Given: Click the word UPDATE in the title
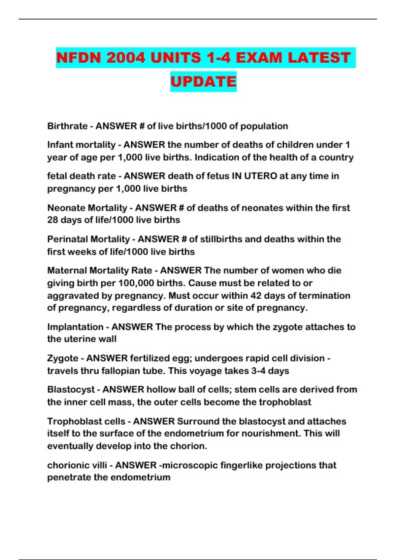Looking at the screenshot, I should click(x=203, y=81).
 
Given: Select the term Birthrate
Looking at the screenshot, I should click(x=67, y=126).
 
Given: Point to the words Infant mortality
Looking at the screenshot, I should click(x=81, y=145).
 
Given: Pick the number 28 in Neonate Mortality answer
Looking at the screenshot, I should click(x=52, y=220).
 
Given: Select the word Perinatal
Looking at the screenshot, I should click(x=67, y=239).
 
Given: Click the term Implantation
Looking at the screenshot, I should click(x=75, y=327).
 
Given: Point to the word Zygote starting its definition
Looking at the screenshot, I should click(x=63, y=358).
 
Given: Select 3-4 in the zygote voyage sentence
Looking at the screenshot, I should click(x=258, y=371).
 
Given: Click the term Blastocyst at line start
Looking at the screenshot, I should click(x=71, y=390).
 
